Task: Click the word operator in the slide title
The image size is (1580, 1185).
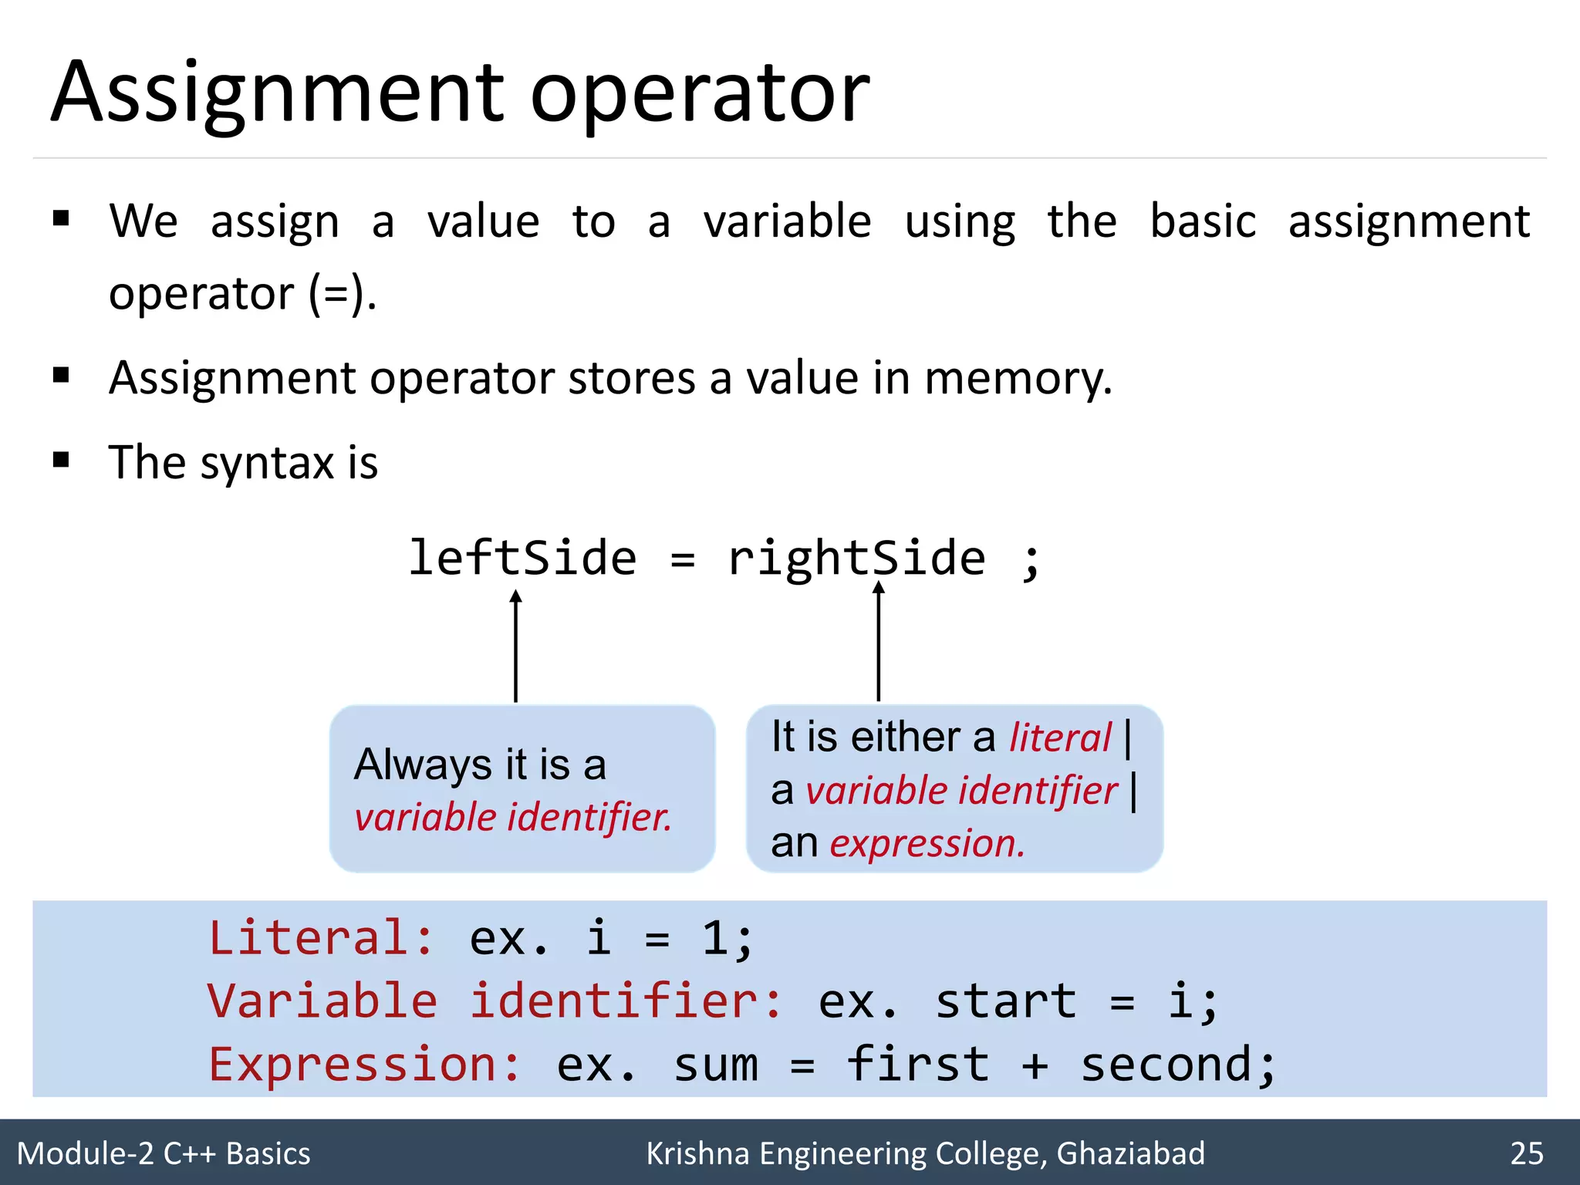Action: coord(700,94)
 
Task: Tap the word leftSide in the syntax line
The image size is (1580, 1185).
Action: coord(522,558)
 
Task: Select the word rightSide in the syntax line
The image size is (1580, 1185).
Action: coord(856,558)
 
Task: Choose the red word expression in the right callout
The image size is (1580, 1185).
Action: coord(927,843)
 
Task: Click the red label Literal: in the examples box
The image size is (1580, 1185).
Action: coord(321,938)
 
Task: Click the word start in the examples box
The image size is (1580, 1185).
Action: coord(1005,1001)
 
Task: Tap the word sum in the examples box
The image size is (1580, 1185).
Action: coord(715,1065)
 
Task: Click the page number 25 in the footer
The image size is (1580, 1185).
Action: coord(1527,1153)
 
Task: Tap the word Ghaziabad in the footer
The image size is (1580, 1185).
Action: coord(1130,1153)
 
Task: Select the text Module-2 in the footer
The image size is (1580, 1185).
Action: coord(86,1153)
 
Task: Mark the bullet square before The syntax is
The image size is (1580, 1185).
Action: coord(61,461)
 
